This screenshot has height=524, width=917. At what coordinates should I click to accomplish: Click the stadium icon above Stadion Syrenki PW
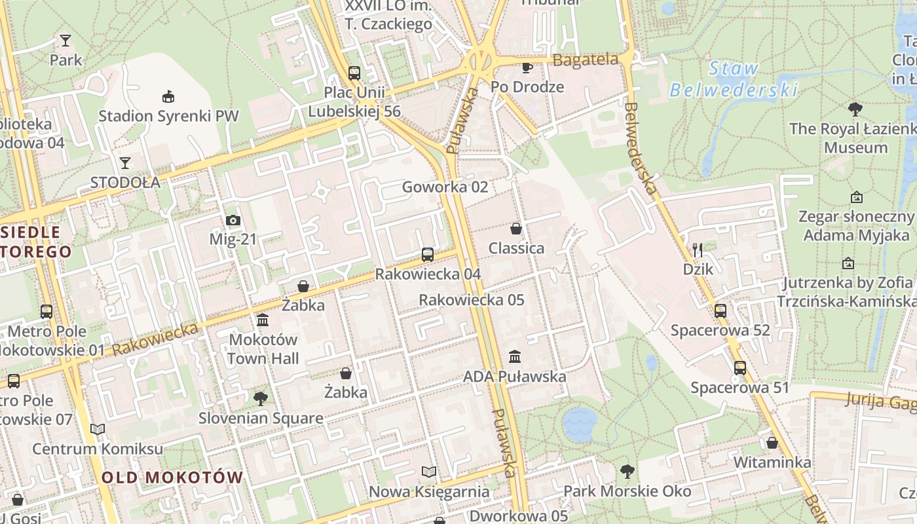point(168,97)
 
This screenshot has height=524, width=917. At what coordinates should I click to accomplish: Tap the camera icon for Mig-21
point(233,221)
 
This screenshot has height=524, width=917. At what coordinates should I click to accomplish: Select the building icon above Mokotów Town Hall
point(263,320)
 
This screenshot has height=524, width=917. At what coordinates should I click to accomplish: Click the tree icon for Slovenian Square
point(261,398)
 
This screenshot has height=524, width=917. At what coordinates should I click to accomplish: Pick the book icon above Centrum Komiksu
point(98,430)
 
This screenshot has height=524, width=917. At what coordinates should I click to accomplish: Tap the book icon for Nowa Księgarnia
point(428,472)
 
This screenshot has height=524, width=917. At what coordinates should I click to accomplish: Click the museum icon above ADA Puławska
point(515,357)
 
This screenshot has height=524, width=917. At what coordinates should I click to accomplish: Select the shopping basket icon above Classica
point(516,229)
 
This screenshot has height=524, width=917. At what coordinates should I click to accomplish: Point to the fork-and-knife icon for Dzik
point(698,250)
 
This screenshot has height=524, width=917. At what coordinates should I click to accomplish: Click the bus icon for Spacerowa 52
point(720,311)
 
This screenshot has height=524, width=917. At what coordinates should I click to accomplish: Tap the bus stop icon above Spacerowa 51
point(740,368)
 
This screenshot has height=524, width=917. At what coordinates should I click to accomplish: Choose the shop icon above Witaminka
point(772,443)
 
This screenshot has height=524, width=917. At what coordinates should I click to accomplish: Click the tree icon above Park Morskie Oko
point(627,471)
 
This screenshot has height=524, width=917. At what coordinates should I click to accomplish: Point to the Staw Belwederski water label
point(734,79)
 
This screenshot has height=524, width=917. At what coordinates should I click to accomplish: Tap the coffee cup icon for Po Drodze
point(527,67)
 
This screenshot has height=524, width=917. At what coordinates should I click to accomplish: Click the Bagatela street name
point(586,60)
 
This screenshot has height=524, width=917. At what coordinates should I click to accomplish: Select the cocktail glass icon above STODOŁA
point(125,162)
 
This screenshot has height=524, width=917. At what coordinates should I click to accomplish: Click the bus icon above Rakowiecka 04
point(428,255)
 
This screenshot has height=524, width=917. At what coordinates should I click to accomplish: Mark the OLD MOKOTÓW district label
point(172,477)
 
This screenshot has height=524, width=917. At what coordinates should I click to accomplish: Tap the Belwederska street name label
point(641,148)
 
